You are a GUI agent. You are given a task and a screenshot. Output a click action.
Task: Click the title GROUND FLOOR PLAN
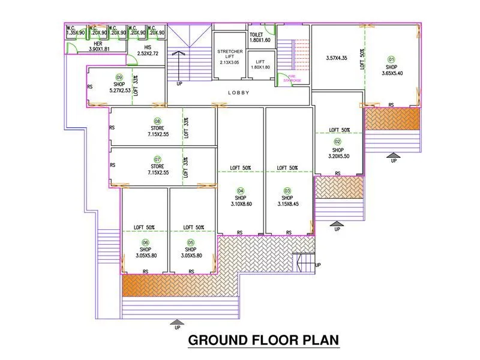coord(264,340)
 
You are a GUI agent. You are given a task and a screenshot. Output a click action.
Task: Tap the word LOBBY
coord(239,93)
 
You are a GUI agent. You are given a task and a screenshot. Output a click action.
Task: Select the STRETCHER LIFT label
coord(230,57)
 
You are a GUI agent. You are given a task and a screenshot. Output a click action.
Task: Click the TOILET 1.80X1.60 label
coord(260,38)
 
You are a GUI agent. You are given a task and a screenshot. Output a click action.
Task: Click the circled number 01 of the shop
coord(391,59)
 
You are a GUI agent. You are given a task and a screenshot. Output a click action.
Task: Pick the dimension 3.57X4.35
coord(336,58)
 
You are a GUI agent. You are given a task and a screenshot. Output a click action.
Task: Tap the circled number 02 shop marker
coord(337,142)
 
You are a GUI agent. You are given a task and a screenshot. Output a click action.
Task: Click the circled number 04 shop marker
coord(240,190)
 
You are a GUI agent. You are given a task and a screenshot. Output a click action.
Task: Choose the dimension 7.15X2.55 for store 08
coord(158,135)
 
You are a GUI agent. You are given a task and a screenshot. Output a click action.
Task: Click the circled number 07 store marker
coord(158,159)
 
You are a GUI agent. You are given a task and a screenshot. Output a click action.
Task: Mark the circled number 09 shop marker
coord(119,77)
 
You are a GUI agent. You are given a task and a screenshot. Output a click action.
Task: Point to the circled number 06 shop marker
coord(145,242)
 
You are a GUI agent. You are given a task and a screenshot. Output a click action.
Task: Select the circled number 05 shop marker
coord(191,242)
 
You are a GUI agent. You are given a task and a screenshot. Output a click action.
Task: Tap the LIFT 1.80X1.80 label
coord(260,64)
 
